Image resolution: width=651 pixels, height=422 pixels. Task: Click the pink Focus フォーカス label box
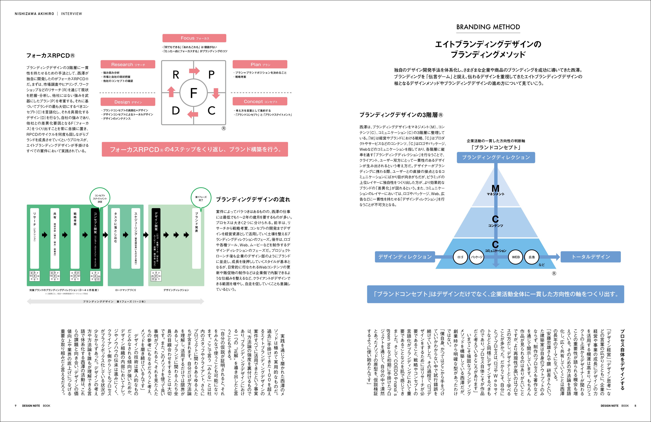click(194, 38)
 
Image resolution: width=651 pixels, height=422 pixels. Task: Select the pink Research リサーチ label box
click(128, 64)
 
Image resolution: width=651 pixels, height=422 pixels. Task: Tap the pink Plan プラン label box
click(260, 64)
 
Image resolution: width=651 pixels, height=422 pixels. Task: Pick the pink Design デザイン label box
click(128, 102)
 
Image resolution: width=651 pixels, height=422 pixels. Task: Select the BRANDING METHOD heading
click(488, 27)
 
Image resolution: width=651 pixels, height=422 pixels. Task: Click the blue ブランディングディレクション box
click(496, 157)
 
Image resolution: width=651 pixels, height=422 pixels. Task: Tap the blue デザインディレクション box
click(405, 257)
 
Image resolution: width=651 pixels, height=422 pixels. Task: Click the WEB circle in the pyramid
click(516, 257)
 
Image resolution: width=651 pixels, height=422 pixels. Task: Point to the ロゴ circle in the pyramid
click(460, 257)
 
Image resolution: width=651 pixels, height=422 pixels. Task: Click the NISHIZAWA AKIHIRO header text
click(34, 14)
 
